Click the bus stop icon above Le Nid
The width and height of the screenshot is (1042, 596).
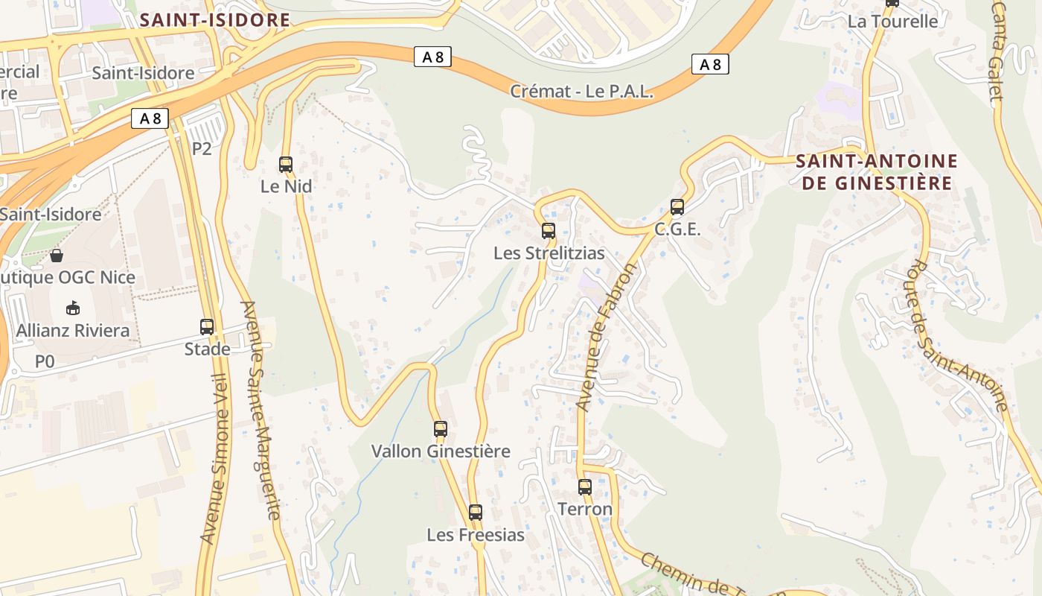(x=286, y=165)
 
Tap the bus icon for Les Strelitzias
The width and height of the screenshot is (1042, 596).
(x=549, y=231)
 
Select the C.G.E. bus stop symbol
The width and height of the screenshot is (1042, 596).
(x=677, y=207)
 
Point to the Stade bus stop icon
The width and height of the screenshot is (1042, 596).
(x=207, y=326)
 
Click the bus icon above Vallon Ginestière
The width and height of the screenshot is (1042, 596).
(x=441, y=429)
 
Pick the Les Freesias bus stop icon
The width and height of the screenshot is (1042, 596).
(x=476, y=513)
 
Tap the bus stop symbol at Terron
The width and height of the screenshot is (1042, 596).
(x=585, y=487)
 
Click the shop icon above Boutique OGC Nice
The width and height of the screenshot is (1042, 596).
(x=57, y=256)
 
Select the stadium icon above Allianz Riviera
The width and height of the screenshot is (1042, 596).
(x=73, y=308)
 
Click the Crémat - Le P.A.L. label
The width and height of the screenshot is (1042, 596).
(x=581, y=92)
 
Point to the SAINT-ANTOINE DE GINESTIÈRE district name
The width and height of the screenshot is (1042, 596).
(x=877, y=172)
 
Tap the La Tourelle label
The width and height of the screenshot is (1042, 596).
(x=892, y=22)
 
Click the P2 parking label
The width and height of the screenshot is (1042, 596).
(x=202, y=149)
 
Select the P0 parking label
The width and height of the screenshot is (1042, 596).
(x=45, y=361)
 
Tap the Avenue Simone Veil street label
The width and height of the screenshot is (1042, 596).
(x=214, y=457)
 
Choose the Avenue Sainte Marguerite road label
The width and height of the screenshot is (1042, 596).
(x=261, y=410)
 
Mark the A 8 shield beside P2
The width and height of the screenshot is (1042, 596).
(x=150, y=118)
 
